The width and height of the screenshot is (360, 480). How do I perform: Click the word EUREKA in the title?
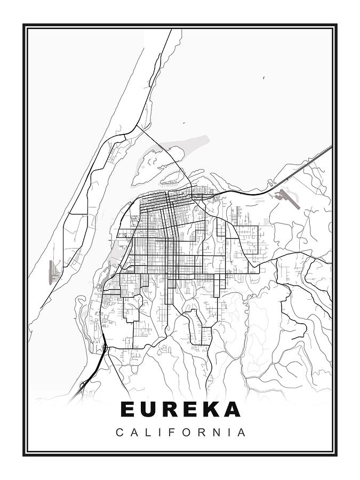180,409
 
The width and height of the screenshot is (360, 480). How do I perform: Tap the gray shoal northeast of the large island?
189,144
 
